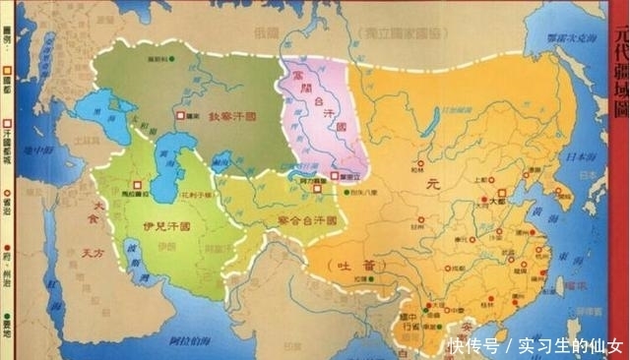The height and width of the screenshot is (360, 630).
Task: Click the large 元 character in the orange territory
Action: [x=429, y=183]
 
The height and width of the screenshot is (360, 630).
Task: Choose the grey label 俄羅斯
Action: [x=267, y=32]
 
